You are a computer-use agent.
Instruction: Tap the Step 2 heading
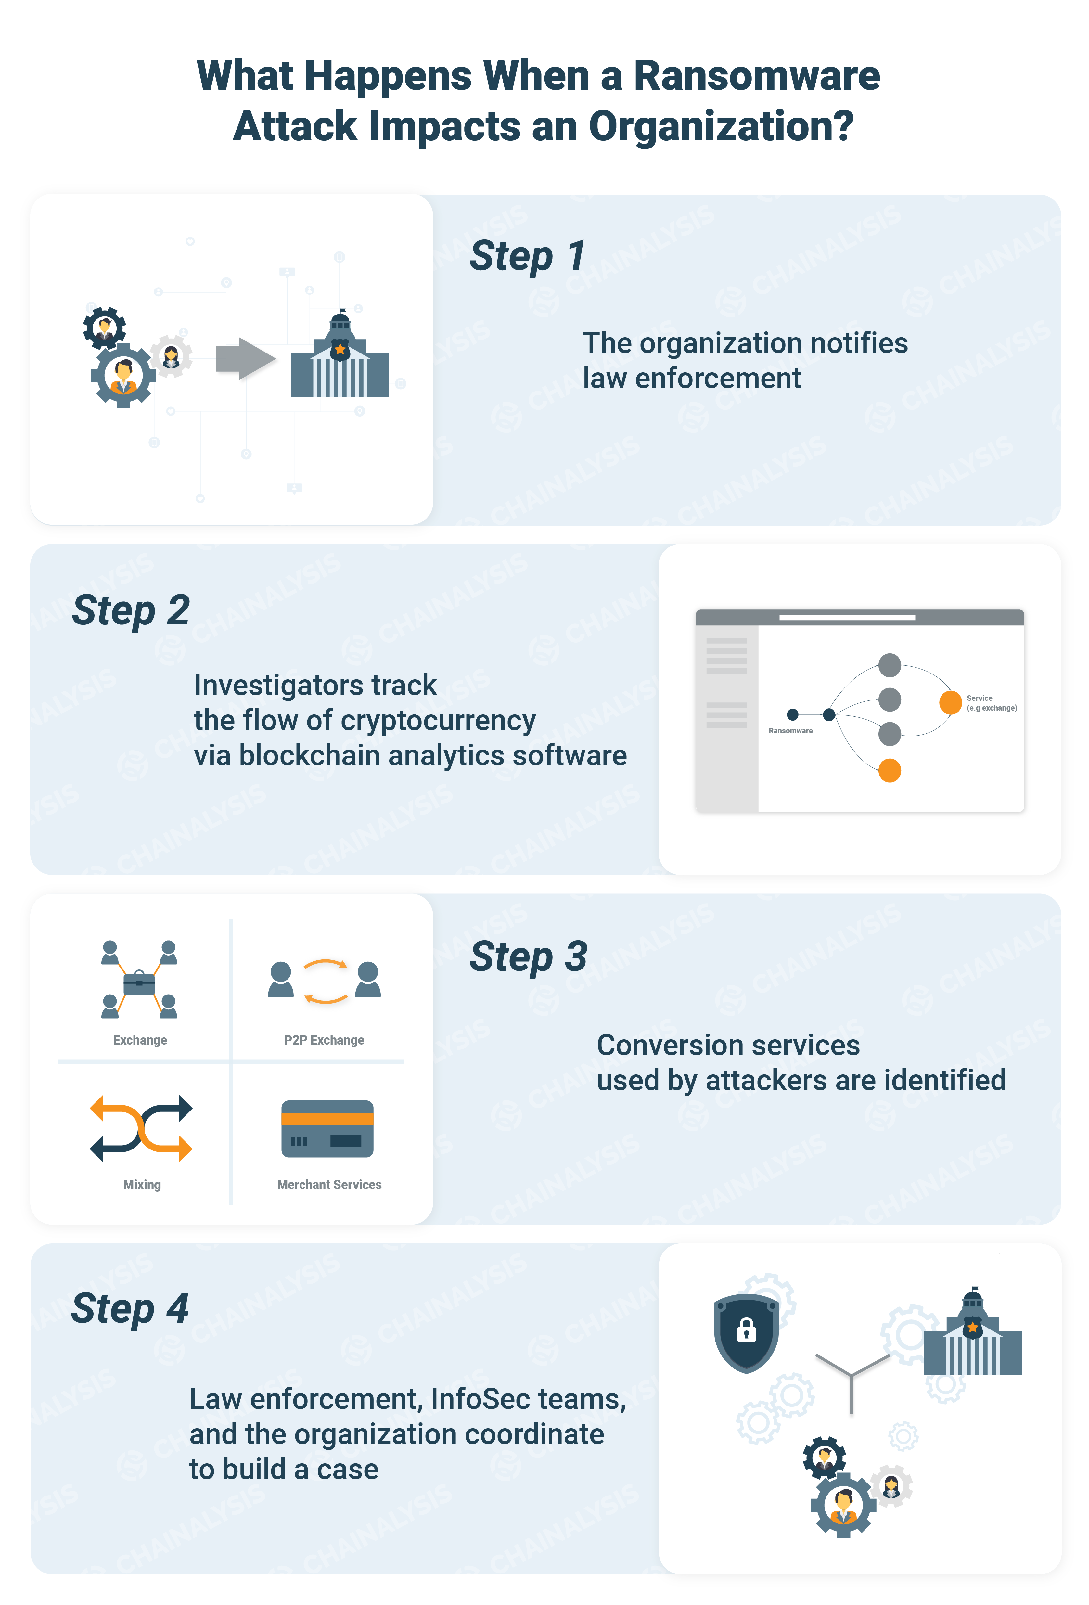coord(131,610)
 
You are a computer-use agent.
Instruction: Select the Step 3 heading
coord(528,957)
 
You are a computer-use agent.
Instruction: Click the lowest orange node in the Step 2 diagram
coord(890,770)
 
